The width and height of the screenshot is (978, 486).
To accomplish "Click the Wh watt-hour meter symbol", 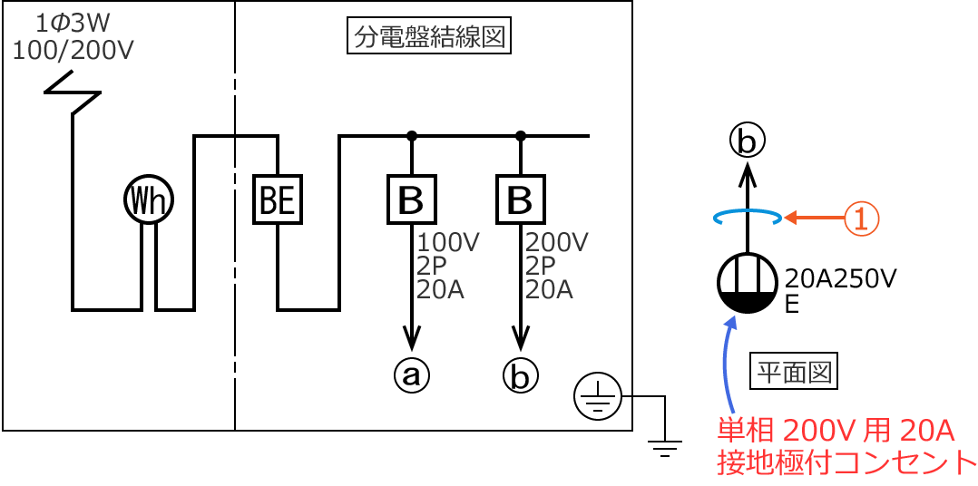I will pos(149,200).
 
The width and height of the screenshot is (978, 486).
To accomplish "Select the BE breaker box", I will pos(277,200).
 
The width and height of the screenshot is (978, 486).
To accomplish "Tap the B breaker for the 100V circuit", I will pos(412,200).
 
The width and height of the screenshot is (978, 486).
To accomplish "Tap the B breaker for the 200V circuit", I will pos(520,200).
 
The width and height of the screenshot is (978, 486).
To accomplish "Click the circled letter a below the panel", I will pos(412,374).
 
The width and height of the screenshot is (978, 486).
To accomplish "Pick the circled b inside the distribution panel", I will pos(521,374).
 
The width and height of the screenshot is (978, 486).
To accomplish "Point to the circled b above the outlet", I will pos(748,141).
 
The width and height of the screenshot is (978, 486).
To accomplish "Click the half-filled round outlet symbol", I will pos(747,283).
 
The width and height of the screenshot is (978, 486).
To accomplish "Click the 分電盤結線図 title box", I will pos(429,39).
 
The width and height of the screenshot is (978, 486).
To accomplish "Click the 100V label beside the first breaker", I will pos(448,243).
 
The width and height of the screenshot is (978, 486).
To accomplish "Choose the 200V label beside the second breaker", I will pos(557,243).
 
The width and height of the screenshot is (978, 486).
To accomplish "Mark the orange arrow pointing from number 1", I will pos(813,218).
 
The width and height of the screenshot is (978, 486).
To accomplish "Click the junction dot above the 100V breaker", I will pos(412,137).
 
